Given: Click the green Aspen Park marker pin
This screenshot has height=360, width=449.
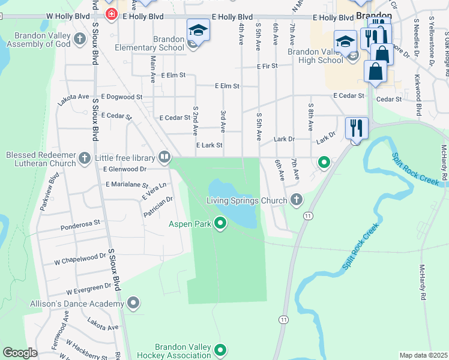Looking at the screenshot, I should (x=220, y=224).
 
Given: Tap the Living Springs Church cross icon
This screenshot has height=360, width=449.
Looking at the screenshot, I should (x=295, y=200).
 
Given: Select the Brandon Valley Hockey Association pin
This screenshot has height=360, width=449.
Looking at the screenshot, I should (x=220, y=350).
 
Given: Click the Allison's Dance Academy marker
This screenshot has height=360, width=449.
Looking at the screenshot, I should (x=133, y=303).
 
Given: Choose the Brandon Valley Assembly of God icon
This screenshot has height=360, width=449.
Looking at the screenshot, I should (x=80, y=40).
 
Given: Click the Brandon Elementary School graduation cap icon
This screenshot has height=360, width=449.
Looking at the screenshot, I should (x=198, y=29).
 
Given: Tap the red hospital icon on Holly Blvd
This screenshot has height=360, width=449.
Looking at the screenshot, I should (x=110, y=14).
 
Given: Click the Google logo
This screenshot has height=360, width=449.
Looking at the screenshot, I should (x=20, y=353).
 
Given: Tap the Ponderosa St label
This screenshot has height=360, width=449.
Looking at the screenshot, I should (x=80, y=228).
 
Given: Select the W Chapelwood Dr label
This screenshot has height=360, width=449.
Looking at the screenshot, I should (x=80, y=259).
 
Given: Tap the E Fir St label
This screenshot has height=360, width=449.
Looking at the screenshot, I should (x=266, y=65).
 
